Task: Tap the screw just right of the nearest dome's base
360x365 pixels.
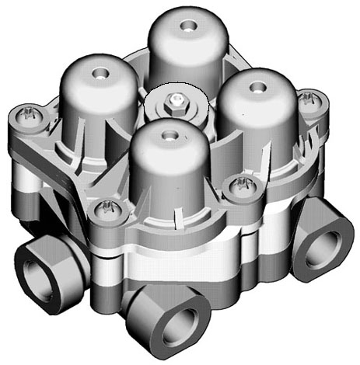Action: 239,186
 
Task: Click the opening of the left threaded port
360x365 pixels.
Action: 39,275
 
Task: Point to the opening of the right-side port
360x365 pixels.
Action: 321,245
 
